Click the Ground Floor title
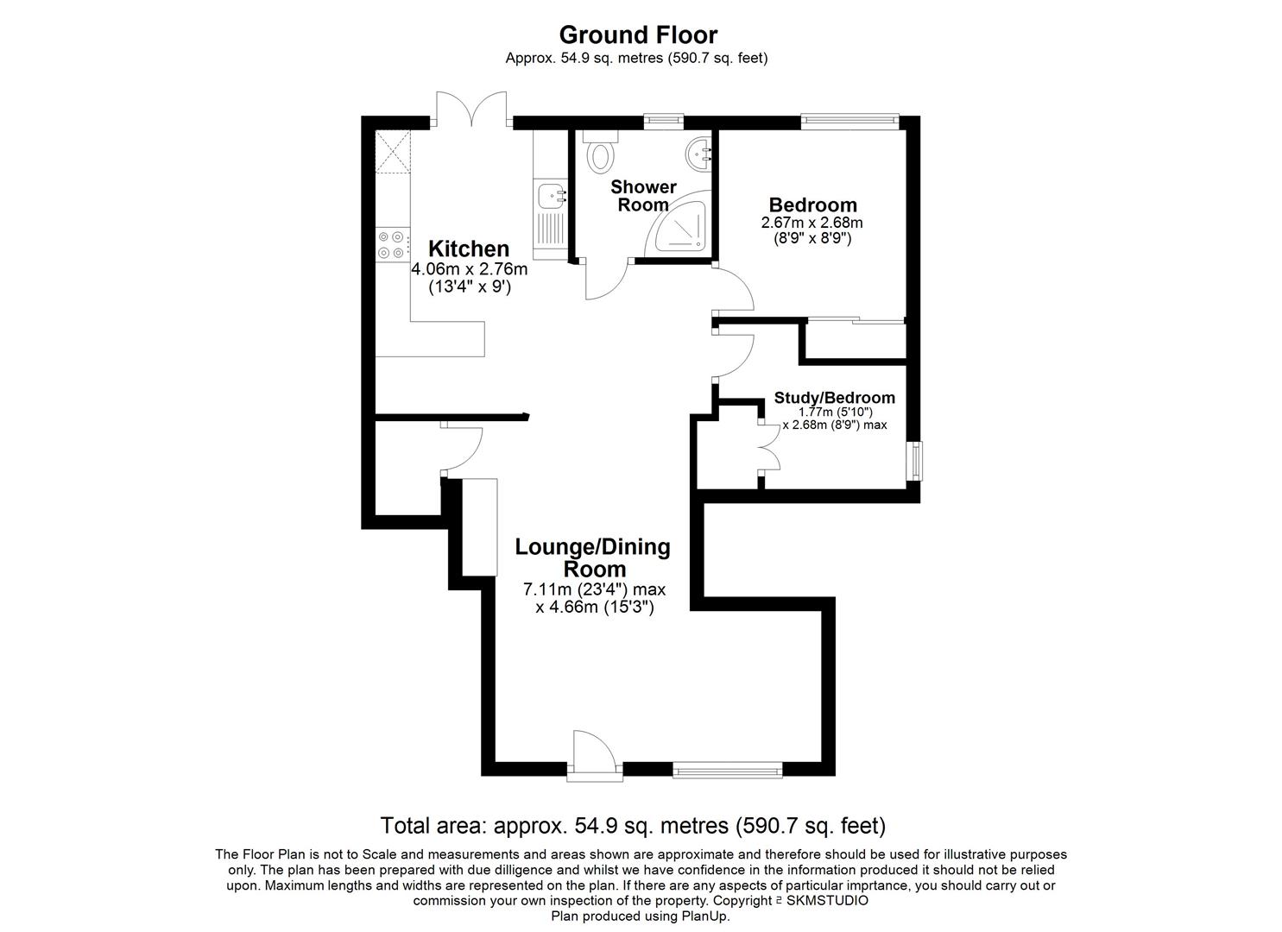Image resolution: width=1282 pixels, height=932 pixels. coord(637,35)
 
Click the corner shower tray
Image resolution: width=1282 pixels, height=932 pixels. coord(683,226)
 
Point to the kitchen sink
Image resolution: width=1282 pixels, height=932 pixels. coord(549,196)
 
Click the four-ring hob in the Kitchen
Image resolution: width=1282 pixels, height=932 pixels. coord(391,244)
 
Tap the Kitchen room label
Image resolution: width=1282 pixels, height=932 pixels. coord(470,249)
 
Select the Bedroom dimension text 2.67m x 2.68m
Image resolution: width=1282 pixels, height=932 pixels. coord(812,223)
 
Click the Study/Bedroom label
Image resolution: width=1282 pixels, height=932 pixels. coord(834,398)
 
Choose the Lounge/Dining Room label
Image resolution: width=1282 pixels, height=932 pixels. coord(593,557)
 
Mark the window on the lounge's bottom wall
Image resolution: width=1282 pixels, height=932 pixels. coord(728,767)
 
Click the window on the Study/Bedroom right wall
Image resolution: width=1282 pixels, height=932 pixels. coord(914,460)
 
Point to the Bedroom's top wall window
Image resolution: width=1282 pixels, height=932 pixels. coord(849,122)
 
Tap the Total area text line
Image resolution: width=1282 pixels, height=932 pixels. coord(633,826)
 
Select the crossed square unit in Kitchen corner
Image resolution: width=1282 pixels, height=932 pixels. coord(393,153)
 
